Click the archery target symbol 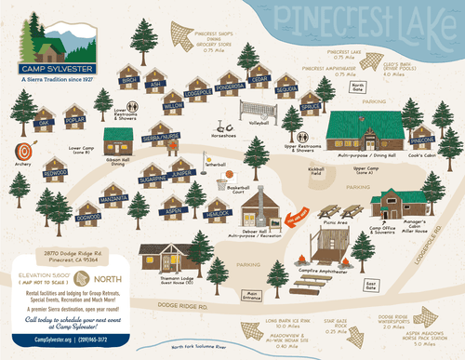coord(23,150)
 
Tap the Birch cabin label coord(128,82)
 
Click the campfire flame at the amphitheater coord(311,259)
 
